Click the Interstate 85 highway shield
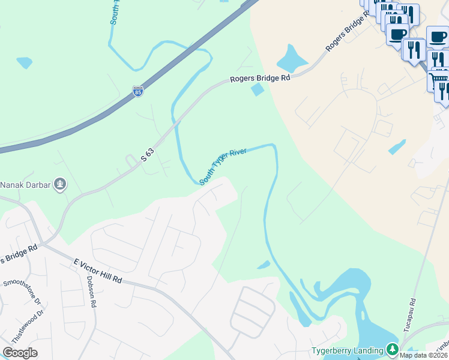coord(138,91)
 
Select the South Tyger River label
coord(223,166)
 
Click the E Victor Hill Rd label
coord(97,272)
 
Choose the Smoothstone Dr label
coord(21,291)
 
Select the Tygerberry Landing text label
coord(348,350)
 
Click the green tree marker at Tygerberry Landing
coord(392,349)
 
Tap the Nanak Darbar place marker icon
coord(60,184)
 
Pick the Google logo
coord(20,352)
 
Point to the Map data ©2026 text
coord(423,355)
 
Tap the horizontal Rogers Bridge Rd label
coord(261,79)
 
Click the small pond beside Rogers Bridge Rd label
coord(258,90)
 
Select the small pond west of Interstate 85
coord(25,62)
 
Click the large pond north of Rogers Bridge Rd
coord(291,59)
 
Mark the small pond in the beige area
coord(397,147)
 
